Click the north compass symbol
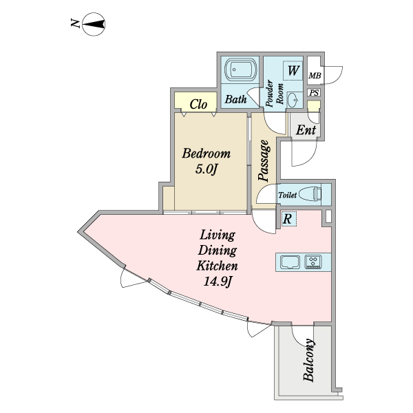[94, 24]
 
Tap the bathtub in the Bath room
[241, 70]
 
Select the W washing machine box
[293, 71]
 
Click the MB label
[315, 76]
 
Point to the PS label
[314, 93]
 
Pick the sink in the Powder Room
[293, 100]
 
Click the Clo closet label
[198, 105]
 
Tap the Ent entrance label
[306, 130]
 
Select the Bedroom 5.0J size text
[206, 169]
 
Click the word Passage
[264, 161]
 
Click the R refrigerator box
[288, 219]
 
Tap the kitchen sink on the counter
[290, 262]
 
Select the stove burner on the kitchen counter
[313, 262]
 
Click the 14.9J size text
[218, 282]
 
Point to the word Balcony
[308, 360]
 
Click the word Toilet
[287, 195]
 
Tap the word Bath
[235, 99]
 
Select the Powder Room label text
[274, 95]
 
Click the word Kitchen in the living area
[218, 266]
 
